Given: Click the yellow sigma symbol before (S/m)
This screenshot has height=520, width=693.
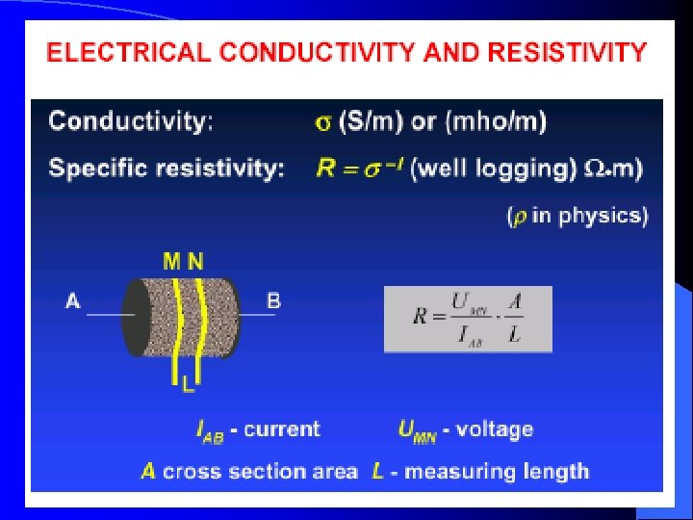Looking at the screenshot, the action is (x=323, y=122).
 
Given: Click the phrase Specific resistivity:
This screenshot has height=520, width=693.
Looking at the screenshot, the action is (x=167, y=169).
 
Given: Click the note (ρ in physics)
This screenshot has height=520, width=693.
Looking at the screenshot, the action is (x=577, y=216).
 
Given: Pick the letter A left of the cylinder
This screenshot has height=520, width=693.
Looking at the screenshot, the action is (x=72, y=301).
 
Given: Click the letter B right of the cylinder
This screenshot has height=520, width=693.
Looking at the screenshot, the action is (x=273, y=301).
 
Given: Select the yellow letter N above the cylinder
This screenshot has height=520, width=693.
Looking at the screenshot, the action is (x=195, y=261).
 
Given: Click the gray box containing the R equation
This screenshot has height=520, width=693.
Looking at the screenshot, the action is (x=468, y=318).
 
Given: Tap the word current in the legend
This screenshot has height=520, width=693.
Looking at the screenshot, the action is (x=282, y=429).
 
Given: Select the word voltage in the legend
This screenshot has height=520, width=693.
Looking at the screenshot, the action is (x=494, y=429).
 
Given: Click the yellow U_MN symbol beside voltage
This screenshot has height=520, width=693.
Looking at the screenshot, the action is (x=417, y=430).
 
